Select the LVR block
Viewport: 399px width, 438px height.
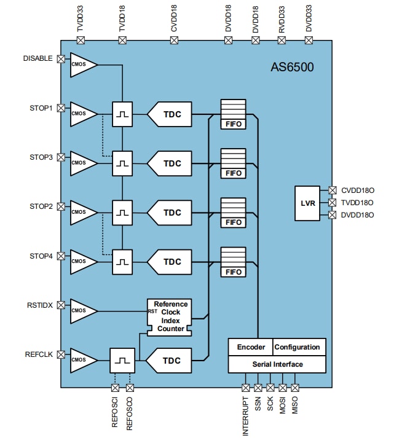pyautogui.click(x=308, y=202)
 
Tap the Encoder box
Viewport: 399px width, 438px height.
pyautogui.click(x=250, y=347)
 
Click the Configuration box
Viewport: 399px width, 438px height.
pyautogui.click(x=298, y=347)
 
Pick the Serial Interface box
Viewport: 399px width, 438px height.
pyautogui.click(x=277, y=364)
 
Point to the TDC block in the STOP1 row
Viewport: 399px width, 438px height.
pyautogui.click(x=171, y=114)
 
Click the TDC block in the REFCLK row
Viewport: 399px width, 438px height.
pyautogui.click(x=171, y=360)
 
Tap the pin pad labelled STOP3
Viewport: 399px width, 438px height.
pyautogui.click(x=61, y=157)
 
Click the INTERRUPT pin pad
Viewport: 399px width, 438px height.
pyautogui.click(x=245, y=388)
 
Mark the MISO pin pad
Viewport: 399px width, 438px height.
pyautogui.click(x=294, y=388)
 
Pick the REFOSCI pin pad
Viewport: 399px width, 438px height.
pyautogui.click(x=114, y=388)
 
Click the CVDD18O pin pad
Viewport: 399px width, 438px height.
pyautogui.click(x=333, y=190)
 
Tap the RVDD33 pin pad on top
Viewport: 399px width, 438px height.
pyautogui.click(x=282, y=41)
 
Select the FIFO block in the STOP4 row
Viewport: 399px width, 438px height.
pyautogui.click(x=233, y=262)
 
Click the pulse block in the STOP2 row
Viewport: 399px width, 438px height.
pyautogui.click(x=122, y=213)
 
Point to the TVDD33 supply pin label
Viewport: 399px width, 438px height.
pyautogui.click(x=79, y=20)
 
